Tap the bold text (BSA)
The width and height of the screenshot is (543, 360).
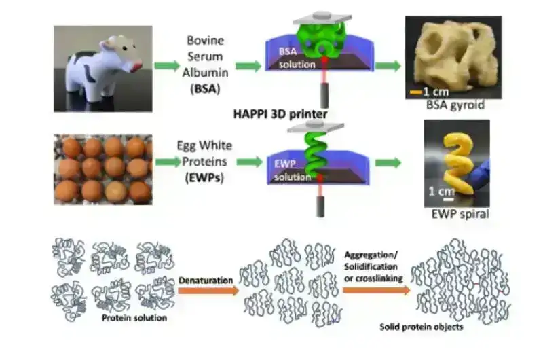click(206, 89)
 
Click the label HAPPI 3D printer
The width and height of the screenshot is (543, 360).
click(280, 114)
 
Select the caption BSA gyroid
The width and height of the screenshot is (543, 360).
click(455, 105)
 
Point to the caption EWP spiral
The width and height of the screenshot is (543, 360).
click(460, 214)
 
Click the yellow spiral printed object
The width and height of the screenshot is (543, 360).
click(457, 164)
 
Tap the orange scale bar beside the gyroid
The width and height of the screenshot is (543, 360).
click(416, 92)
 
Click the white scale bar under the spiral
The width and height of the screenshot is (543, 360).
click(449, 200)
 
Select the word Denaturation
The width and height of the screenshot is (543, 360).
click(206, 281)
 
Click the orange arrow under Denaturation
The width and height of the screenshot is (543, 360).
click(208, 291)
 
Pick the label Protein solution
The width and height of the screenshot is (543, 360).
click(134, 318)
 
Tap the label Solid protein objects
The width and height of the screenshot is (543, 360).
click(421, 327)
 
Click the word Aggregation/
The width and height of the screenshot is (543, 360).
click(371, 255)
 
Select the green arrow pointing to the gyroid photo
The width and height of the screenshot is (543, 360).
click(388, 65)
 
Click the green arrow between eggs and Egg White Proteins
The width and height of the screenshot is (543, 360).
click(168, 162)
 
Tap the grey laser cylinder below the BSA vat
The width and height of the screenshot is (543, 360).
click(324, 94)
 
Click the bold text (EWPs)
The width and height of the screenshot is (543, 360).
click(204, 178)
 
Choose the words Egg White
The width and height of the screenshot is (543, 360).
click(204, 145)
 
